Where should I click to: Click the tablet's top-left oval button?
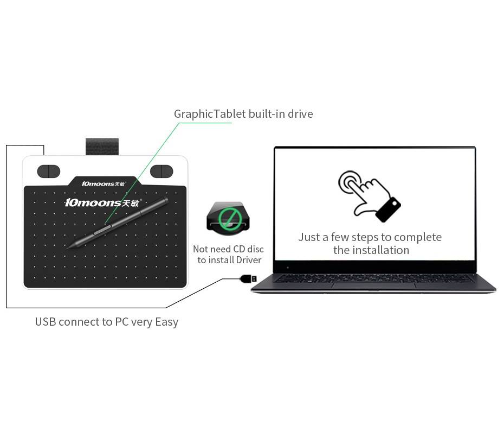tap(49, 171)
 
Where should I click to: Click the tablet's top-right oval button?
tap(161, 171)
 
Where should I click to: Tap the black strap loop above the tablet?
tap(102, 147)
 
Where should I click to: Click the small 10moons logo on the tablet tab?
tap(104, 184)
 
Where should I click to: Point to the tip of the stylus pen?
tap(68, 248)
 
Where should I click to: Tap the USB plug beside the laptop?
tap(248, 278)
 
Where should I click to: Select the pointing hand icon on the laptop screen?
tap(369, 195)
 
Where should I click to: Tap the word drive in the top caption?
tap(300, 113)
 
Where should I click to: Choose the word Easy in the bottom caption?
tap(166, 322)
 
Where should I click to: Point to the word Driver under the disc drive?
tap(248, 260)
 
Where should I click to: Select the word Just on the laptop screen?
tap(309, 237)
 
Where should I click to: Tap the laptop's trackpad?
tap(374, 286)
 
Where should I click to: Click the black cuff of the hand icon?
tap(389, 210)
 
